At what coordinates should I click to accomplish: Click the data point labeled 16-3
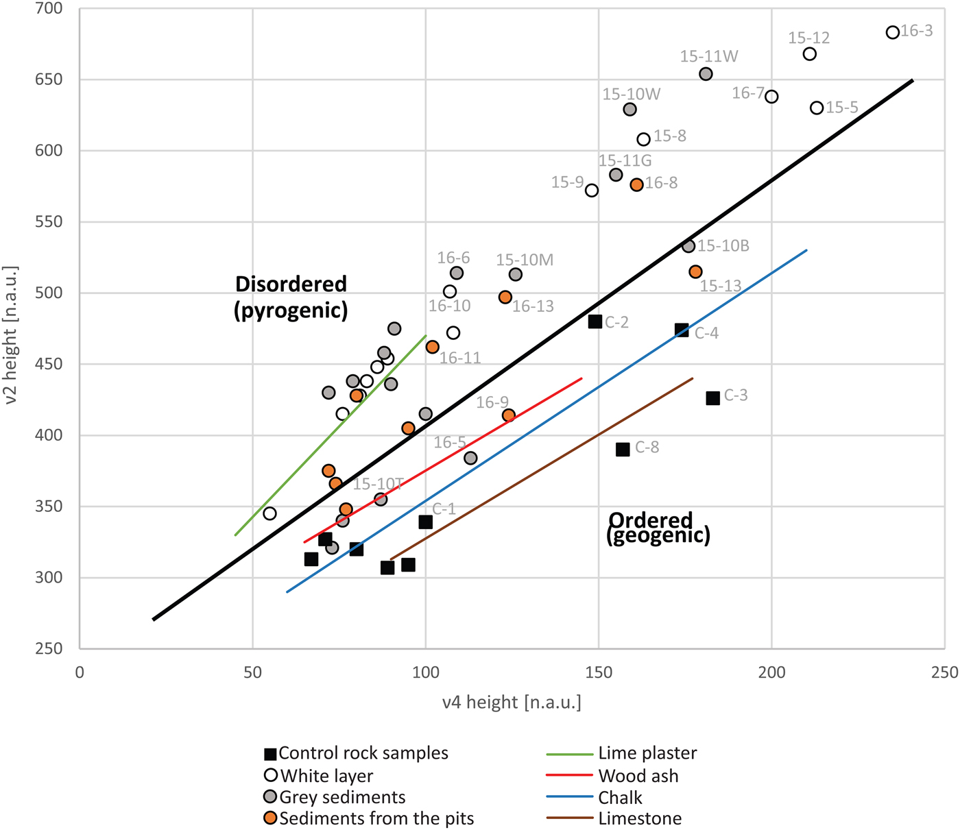(x=892, y=33)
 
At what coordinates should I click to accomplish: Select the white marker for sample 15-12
(x=809, y=54)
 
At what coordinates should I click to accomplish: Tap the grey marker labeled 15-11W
(x=706, y=74)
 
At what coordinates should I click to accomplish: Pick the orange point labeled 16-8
(x=636, y=185)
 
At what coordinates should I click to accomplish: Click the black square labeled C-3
(x=712, y=398)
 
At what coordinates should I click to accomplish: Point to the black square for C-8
(x=623, y=450)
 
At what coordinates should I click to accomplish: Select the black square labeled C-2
(x=595, y=321)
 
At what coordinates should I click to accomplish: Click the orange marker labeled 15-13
(x=695, y=272)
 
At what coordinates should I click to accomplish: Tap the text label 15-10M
(x=525, y=260)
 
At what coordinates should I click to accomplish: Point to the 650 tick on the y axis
(x=48, y=80)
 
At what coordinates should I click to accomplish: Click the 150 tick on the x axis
(x=599, y=673)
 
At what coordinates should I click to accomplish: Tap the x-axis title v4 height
(x=512, y=703)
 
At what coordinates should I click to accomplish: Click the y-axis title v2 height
(x=11, y=334)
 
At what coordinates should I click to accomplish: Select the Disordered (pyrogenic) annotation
(x=291, y=297)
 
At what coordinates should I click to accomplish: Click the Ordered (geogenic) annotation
(x=658, y=528)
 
